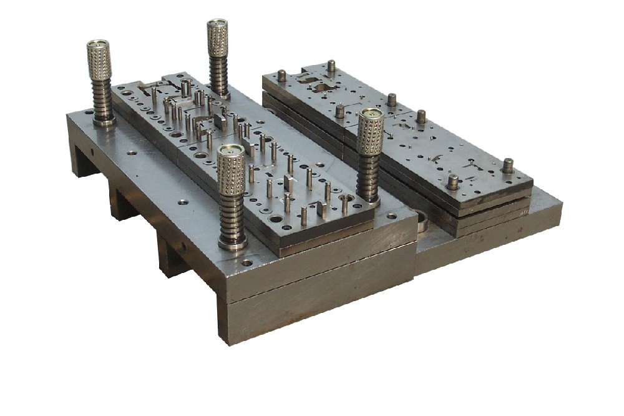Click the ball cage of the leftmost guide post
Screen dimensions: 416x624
pyautogui.click(x=99, y=65)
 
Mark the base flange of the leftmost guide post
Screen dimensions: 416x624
pyautogui.click(x=104, y=121)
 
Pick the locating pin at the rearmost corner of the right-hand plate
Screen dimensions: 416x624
pyautogui.click(x=331, y=66)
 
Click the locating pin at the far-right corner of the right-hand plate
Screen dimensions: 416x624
pyautogui.click(x=508, y=166)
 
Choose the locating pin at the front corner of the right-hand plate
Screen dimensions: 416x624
pyautogui.click(x=452, y=182)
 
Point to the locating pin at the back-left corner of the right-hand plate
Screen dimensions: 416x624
pyautogui.click(x=281, y=76)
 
